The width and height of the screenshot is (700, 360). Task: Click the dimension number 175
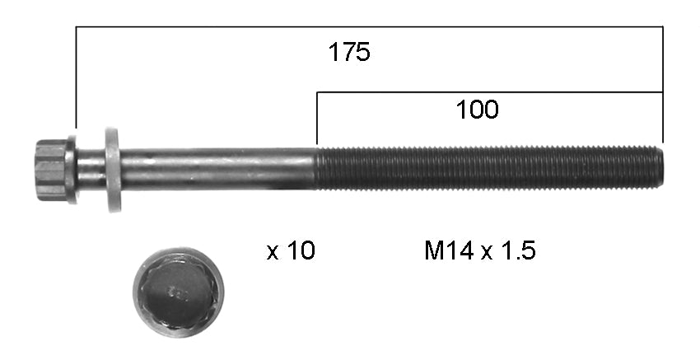coord(349,53)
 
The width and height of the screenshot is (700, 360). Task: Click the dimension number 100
coord(477,109)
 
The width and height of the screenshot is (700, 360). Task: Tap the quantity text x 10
coord(291,251)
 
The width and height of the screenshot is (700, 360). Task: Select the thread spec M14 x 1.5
coord(479,251)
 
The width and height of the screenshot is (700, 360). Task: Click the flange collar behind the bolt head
coord(72,170)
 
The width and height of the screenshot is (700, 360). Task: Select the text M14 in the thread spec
coord(450,251)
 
